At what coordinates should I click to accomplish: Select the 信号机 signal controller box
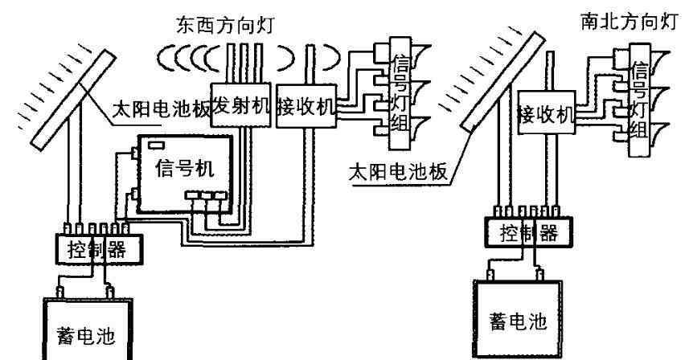183,173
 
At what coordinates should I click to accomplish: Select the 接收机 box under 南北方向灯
547,113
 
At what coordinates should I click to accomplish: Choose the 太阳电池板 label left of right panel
392,171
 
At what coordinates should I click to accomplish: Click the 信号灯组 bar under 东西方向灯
400,88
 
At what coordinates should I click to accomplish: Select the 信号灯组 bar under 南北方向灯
641,97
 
